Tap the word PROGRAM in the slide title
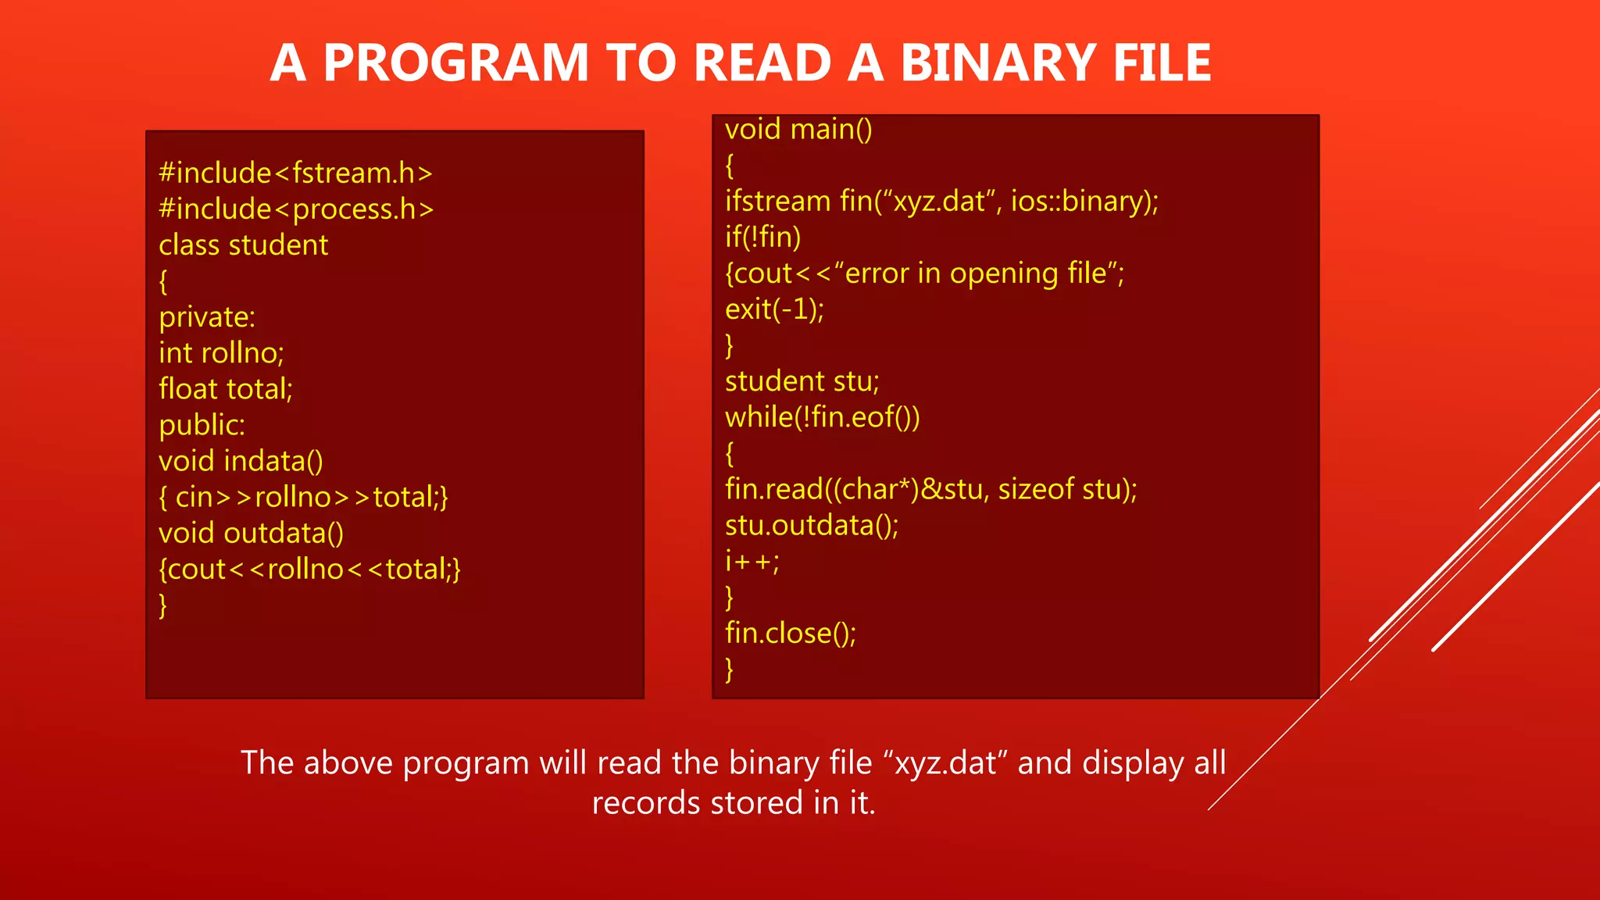[x=455, y=62]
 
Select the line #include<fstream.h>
[x=295, y=173]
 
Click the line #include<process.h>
[x=296, y=209]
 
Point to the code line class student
[x=243, y=245]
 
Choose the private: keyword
[x=207, y=317]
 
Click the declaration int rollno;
[x=221, y=353]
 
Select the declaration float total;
[x=226, y=389]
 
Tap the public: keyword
[x=202, y=425]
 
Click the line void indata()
[x=241, y=461]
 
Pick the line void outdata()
[x=251, y=533]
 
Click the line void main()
[x=798, y=129]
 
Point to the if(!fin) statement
[x=762, y=237]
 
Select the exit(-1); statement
[x=774, y=309]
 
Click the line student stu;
[x=802, y=381]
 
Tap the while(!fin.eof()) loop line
[x=822, y=417]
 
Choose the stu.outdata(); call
[x=812, y=525]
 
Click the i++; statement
[x=752, y=561]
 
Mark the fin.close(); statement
[x=790, y=633]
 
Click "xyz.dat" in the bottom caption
[x=945, y=762]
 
